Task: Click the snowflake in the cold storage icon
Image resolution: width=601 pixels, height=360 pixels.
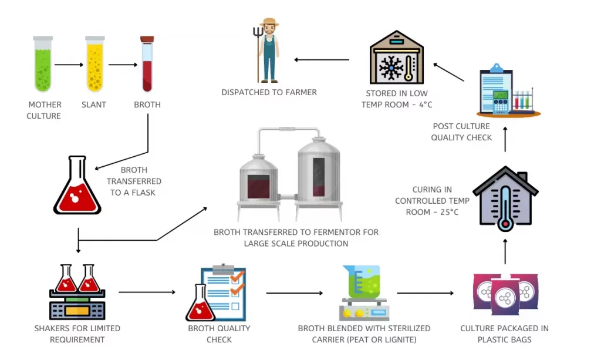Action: (x=391, y=68)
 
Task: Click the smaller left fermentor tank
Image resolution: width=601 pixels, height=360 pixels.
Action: (x=258, y=176)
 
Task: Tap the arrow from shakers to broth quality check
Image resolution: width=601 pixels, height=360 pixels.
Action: (x=147, y=292)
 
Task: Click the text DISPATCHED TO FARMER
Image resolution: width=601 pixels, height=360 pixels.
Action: (x=269, y=92)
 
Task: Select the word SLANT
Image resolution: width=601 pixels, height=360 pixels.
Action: (x=94, y=105)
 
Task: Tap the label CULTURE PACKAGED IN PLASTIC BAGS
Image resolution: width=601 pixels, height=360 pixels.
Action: (x=504, y=334)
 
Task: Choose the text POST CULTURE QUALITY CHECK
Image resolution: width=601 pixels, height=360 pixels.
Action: (x=461, y=132)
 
